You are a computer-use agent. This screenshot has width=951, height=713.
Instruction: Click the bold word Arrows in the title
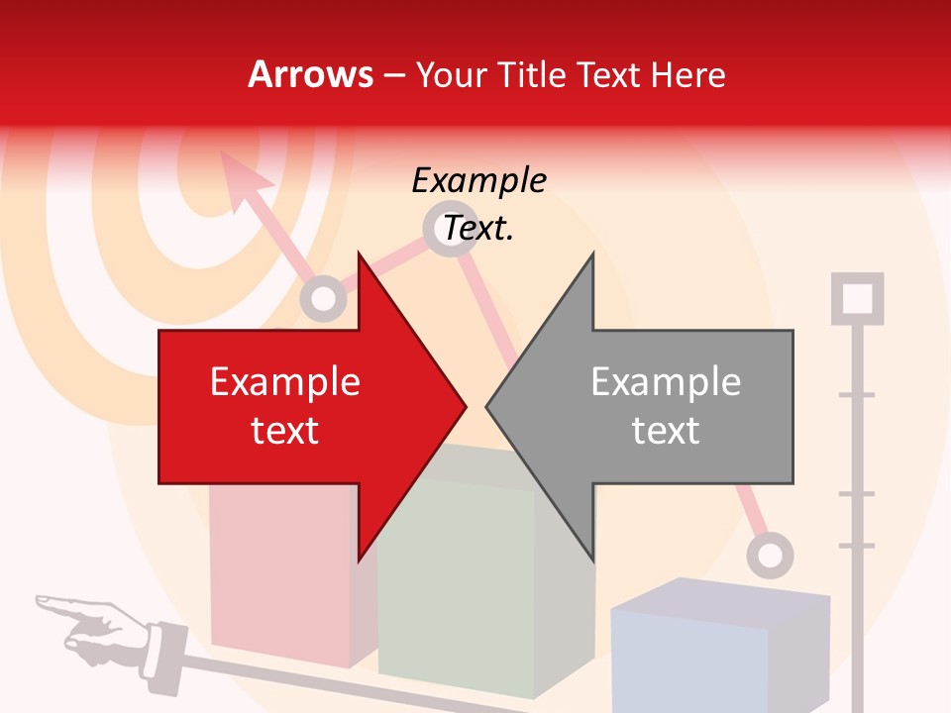pyautogui.click(x=310, y=74)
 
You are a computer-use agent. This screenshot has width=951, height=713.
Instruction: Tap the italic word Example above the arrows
pyautogui.click(x=478, y=181)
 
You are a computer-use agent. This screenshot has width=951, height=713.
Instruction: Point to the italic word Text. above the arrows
pyautogui.click(x=478, y=229)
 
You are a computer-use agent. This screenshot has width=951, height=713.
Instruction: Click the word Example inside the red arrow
pyautogui.click(x=285, y=382)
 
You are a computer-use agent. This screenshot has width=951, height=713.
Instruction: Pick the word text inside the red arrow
pyautogui.click(x=285, y=431)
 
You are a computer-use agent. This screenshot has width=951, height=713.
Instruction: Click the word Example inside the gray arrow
pyautogui.click(x=666, y=382)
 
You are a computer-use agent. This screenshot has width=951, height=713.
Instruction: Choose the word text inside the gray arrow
pyautogui.click(x=666, y=431)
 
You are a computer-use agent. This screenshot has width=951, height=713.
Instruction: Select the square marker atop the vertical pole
pyautogui.click(x=857, y=298)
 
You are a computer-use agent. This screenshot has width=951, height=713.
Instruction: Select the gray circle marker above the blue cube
pyautogui.click(x=770, y=555)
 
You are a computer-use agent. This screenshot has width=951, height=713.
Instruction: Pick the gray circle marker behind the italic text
pyautogui.click(x=448, y=230)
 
